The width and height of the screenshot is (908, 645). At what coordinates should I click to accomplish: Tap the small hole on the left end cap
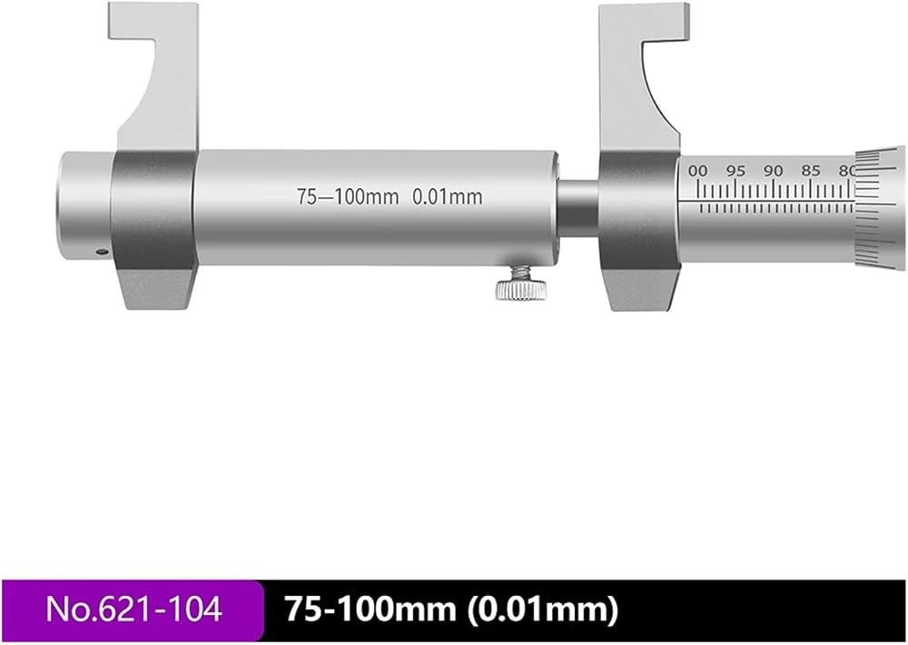click(102, 252)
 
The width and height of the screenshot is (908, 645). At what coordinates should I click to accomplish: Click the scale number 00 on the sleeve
click(698, 171)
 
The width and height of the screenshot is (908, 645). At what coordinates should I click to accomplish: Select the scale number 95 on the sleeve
click(735, 171)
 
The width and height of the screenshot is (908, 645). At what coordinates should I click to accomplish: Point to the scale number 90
click(773, 171)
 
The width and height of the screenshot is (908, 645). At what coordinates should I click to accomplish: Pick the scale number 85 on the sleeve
click(811, 171)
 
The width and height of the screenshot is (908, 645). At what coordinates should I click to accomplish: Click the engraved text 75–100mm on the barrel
click(348, 197)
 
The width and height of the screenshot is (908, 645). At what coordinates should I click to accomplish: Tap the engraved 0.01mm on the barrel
click(447, 197)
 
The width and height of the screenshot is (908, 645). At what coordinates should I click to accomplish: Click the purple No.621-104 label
click(133, 609)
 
